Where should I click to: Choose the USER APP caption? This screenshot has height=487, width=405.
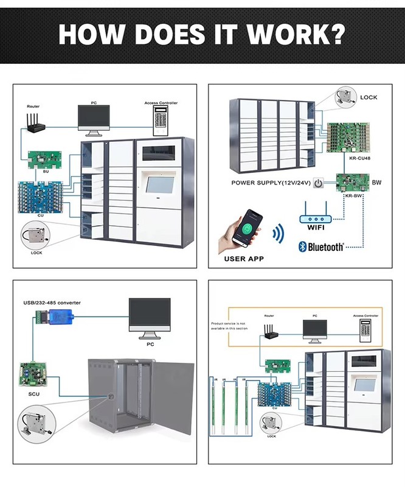coord(243,259)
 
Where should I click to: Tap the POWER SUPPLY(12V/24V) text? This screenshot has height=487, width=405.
coord(270,183)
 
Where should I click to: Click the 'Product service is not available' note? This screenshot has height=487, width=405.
coord(227,326)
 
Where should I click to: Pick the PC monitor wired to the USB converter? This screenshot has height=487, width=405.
coord(148,317)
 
